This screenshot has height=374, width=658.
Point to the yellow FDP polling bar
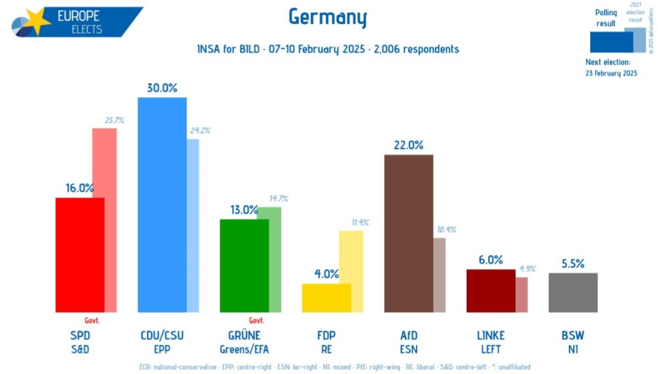(326, 298)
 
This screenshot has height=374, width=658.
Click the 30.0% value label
(162, 88)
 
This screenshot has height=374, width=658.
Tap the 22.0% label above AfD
(409, 145)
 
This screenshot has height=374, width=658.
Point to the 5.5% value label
(572, 263)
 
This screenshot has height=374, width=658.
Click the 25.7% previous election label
(114, 120)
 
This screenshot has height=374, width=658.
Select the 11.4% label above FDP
(359, 222)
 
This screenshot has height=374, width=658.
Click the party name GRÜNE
(244, 335)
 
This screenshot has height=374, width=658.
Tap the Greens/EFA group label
(244, 349)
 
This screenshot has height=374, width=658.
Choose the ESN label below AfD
(408, 349)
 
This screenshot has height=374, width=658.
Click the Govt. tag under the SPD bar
(92, 320)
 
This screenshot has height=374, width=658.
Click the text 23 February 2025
(611, 73)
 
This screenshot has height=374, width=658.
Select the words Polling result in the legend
(606, 18)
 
